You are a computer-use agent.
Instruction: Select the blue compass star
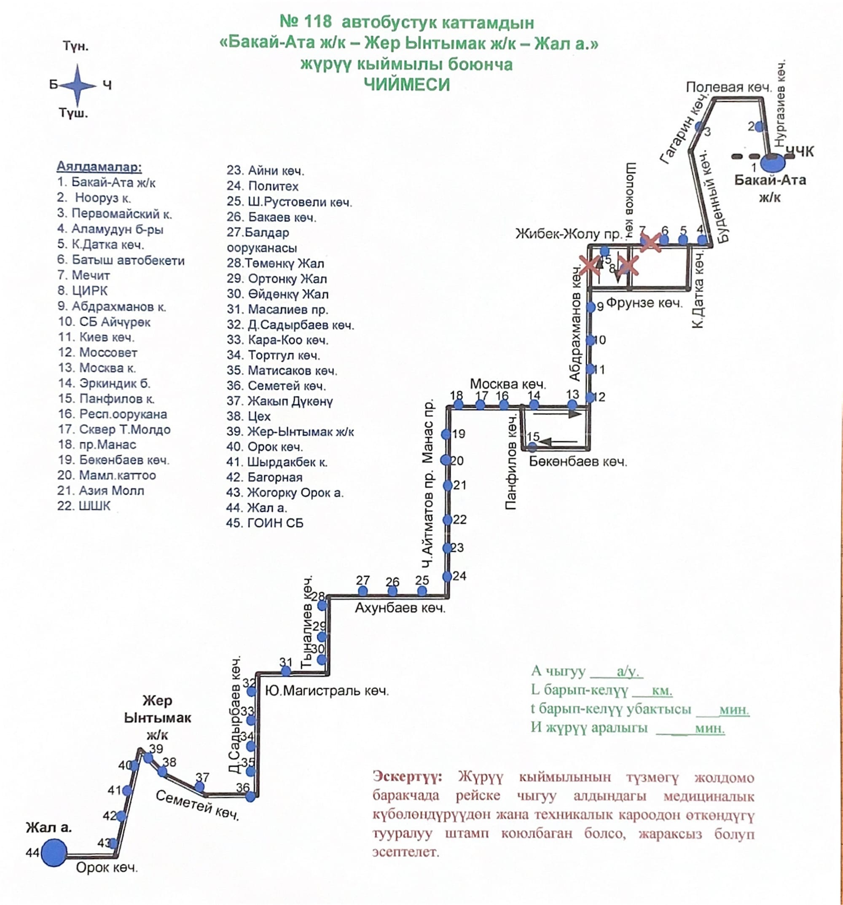coord(78,85)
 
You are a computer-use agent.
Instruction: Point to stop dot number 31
coord(286,671)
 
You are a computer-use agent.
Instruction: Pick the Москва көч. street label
coord(507,384)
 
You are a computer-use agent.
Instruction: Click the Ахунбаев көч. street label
coord(400,608)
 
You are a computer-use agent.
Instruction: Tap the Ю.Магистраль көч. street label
coord(327,691)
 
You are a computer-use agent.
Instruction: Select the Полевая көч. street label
coord(729,87)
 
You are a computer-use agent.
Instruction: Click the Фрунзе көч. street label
coord(644,303)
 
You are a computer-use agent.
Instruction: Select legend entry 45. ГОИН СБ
coord(264,523)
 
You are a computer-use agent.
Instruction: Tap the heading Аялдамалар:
coord(99,166)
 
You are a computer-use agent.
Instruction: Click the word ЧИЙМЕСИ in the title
coord(407,85)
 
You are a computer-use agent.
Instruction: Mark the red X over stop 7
coord(650,242)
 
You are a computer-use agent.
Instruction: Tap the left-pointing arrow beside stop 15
coord(558,442)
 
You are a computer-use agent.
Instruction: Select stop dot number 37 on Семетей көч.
coord(199,787)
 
